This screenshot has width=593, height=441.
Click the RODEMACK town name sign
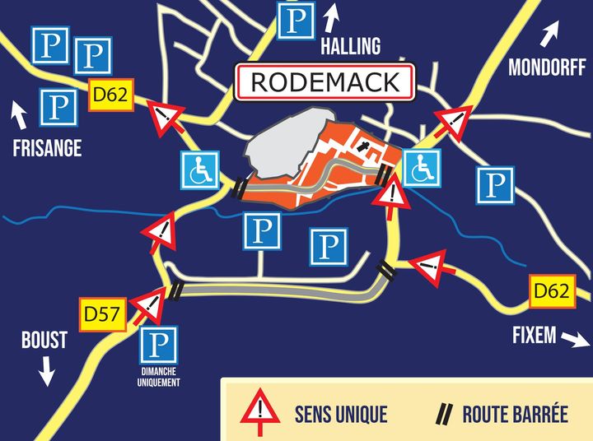tap(325, 82)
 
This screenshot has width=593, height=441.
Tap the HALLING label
tap(351, 46)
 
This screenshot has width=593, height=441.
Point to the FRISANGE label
tap(48, 148)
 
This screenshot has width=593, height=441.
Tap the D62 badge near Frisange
tap(110, 95)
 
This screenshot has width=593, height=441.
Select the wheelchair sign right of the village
tap(422, 169)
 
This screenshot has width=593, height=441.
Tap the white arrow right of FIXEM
tap(577, 339)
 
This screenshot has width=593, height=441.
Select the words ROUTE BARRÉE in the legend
tap(515, 412)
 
